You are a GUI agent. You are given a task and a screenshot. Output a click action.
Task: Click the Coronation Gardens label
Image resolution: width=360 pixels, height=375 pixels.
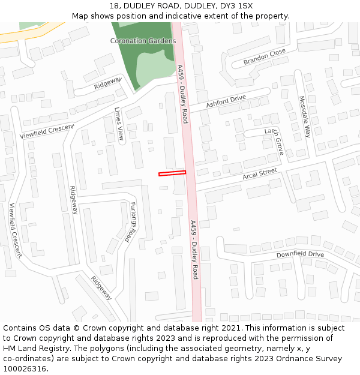(x=139, y=41)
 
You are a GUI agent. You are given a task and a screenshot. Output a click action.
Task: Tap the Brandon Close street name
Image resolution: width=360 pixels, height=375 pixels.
(x=265, y=58)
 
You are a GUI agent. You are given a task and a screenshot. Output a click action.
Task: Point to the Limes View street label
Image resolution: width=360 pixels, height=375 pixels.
(x=119, y=124)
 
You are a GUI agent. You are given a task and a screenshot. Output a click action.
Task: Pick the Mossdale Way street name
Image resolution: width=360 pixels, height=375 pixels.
(x=305, y=116)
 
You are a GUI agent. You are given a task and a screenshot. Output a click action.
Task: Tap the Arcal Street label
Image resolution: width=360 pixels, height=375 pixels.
(x=260, y=175)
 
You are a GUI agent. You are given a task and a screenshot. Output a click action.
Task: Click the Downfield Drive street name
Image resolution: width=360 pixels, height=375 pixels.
(x=300, y=255)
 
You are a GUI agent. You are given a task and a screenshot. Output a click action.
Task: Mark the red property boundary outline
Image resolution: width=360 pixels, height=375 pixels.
(x=172, y=173)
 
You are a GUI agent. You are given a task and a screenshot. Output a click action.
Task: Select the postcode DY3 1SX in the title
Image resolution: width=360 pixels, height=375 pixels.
(x=237, y=5)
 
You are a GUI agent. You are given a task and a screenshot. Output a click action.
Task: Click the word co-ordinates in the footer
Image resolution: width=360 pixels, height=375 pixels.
(x=26, y=359)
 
